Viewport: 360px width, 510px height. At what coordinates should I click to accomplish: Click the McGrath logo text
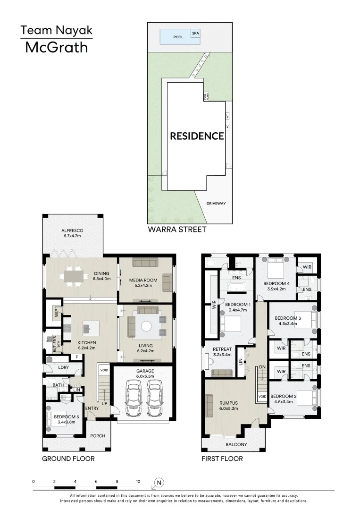(x=56, y=47)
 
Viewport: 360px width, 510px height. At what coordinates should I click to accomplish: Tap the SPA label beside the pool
(x=195, y=34)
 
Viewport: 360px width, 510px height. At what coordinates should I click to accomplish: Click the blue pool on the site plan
(x=175, y=36)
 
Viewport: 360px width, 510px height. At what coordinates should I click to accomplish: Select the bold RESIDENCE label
(x=197, y=136)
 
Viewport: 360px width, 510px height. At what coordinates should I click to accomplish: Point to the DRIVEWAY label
(x=216, y=204)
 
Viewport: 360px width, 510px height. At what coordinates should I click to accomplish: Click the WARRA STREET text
(x=177, y=229)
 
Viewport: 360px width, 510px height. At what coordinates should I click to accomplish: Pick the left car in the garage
(x=134, y=399)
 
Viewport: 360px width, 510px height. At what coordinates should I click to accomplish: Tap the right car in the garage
(x=155, y=399)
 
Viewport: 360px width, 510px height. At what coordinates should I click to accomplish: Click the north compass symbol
(x=159, y=482)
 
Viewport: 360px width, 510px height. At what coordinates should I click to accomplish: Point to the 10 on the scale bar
(x=138, y=481)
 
